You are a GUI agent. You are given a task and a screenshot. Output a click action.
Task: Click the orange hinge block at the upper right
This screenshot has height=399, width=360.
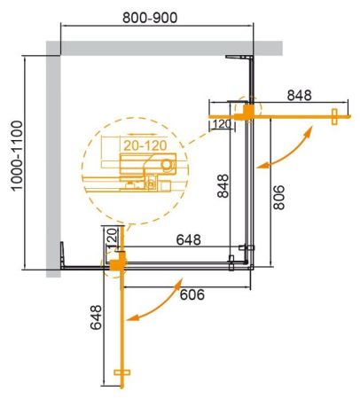(x=250, y=111)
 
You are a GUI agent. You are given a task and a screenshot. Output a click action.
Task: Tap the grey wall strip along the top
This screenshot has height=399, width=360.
(x=168, y=46)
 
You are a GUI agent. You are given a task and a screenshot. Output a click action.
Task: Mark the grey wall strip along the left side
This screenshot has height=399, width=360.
(x=52, y=160)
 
